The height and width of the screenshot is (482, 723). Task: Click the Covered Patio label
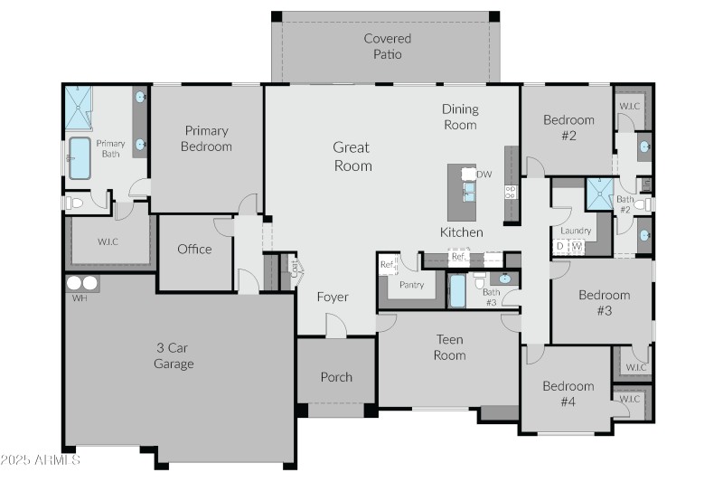coord(387,46)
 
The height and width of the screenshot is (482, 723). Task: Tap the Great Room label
coord(352,156)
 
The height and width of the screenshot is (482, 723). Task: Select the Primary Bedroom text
coord(207,138)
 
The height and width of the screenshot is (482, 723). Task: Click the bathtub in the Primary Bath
coord(80,158)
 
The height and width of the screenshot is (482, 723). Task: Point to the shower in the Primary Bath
coord(79,109)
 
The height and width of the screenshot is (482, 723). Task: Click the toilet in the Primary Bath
coord(74,203)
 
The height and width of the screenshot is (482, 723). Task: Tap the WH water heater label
coord(80,298)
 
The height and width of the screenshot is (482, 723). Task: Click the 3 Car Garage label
coord(174,355)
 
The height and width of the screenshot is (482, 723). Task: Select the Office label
coord(194,250)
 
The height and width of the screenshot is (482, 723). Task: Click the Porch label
coord(336,377)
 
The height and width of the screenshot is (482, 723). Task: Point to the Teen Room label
coord(449,347)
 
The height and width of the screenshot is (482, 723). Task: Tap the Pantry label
coord(411,285)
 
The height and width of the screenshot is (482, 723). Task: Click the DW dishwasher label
coord(484,175)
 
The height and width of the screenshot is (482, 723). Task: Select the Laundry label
coord(576,231)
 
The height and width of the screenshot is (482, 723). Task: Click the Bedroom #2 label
coord(568,128)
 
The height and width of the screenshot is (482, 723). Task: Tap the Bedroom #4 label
coord(568,394)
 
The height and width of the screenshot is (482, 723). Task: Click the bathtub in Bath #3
coord(457,291)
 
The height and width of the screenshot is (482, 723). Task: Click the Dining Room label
coord(460,117)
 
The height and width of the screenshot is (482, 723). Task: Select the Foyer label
coord(332,297)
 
